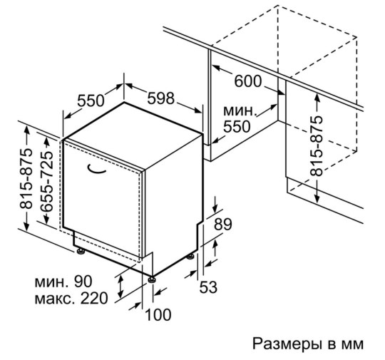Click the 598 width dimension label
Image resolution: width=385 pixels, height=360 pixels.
click(x=161, y=98)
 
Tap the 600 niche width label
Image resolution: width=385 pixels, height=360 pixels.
click(x=248, y=81)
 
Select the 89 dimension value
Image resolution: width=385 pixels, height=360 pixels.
click(x=223, y=224)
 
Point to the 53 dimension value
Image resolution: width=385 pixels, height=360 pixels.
click(x=208, y=287)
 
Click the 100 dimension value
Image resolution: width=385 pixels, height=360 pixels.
click(x=158, y=315)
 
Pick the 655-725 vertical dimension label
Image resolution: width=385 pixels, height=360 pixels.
click(x=46, y=181)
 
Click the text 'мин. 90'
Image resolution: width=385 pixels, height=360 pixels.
click(x=63, y=282)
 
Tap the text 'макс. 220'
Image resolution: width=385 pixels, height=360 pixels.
click(x=71, y=298)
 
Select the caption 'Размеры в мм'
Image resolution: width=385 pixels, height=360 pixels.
click(x=308, y=344)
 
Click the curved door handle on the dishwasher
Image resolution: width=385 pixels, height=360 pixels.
click(x=96, y=169)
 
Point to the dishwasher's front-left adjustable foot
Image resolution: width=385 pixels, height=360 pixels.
click(x=81, y=251)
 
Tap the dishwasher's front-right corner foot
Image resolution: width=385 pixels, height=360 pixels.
click(x=151, y=279)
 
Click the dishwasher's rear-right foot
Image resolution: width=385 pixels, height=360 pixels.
click(x=190, y=257)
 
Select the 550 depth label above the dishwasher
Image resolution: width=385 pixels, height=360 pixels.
click(x=91, y=101)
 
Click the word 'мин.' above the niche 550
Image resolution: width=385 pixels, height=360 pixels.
click(x=240, y=111)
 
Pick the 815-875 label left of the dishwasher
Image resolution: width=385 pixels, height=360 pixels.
click(x=26, y=178)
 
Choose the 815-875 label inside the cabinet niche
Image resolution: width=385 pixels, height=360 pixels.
click(x=316, y=146)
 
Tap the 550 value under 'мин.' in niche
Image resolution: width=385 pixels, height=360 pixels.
click(x=237, y=127)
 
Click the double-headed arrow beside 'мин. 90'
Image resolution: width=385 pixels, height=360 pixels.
click(x=120, y=286)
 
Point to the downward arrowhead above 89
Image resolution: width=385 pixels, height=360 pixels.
click(x=215, y=208)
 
